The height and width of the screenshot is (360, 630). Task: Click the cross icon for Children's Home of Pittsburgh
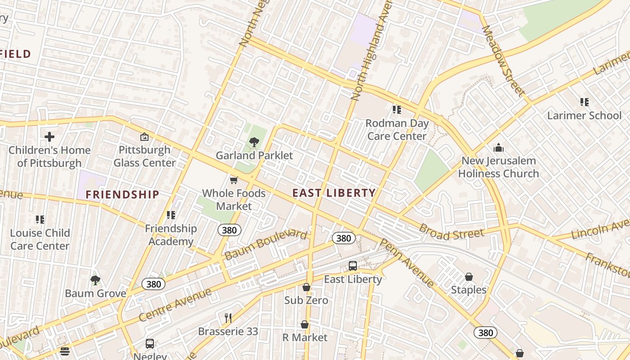pyautogui.click(x=49, y=137)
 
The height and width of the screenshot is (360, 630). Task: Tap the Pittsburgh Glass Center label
pyautogui.click(x=144, y=156)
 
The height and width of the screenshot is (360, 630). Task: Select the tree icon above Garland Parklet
pyautogui.click(x=254, y=143)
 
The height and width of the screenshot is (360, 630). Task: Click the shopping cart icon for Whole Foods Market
pyautogui.click(x=234, y=180)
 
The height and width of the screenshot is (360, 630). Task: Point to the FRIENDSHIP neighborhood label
pyautogui.click(x=122, y=194)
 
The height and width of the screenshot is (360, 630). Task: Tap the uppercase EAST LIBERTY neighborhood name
pyautogui.click(x=334, y=193)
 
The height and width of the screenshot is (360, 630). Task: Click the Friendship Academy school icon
pyautogui.click(x=171, y=215)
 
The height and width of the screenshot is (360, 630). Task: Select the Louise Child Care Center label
pyautogui.click(x=40, y=239)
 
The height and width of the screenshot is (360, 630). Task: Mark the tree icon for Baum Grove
pyautogui.click(x=95, y=280)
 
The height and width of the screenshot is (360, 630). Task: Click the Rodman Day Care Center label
pyautogui.click(x=397, y=130)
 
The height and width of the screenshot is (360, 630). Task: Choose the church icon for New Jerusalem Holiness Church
pyautogui.click(x=498, y=148)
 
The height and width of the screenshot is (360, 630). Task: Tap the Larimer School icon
pyautogui.click(x=584, y=102)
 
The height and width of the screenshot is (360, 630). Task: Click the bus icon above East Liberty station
pyautogui.click(x=353, y=266)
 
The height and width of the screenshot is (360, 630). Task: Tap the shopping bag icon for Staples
pyautogui.click(x=468, y=276)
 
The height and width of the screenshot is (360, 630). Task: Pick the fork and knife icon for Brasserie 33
pyautogui.click(x=228, y=318)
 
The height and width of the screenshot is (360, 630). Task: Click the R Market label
pyautogui.click(x=305, y=337)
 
